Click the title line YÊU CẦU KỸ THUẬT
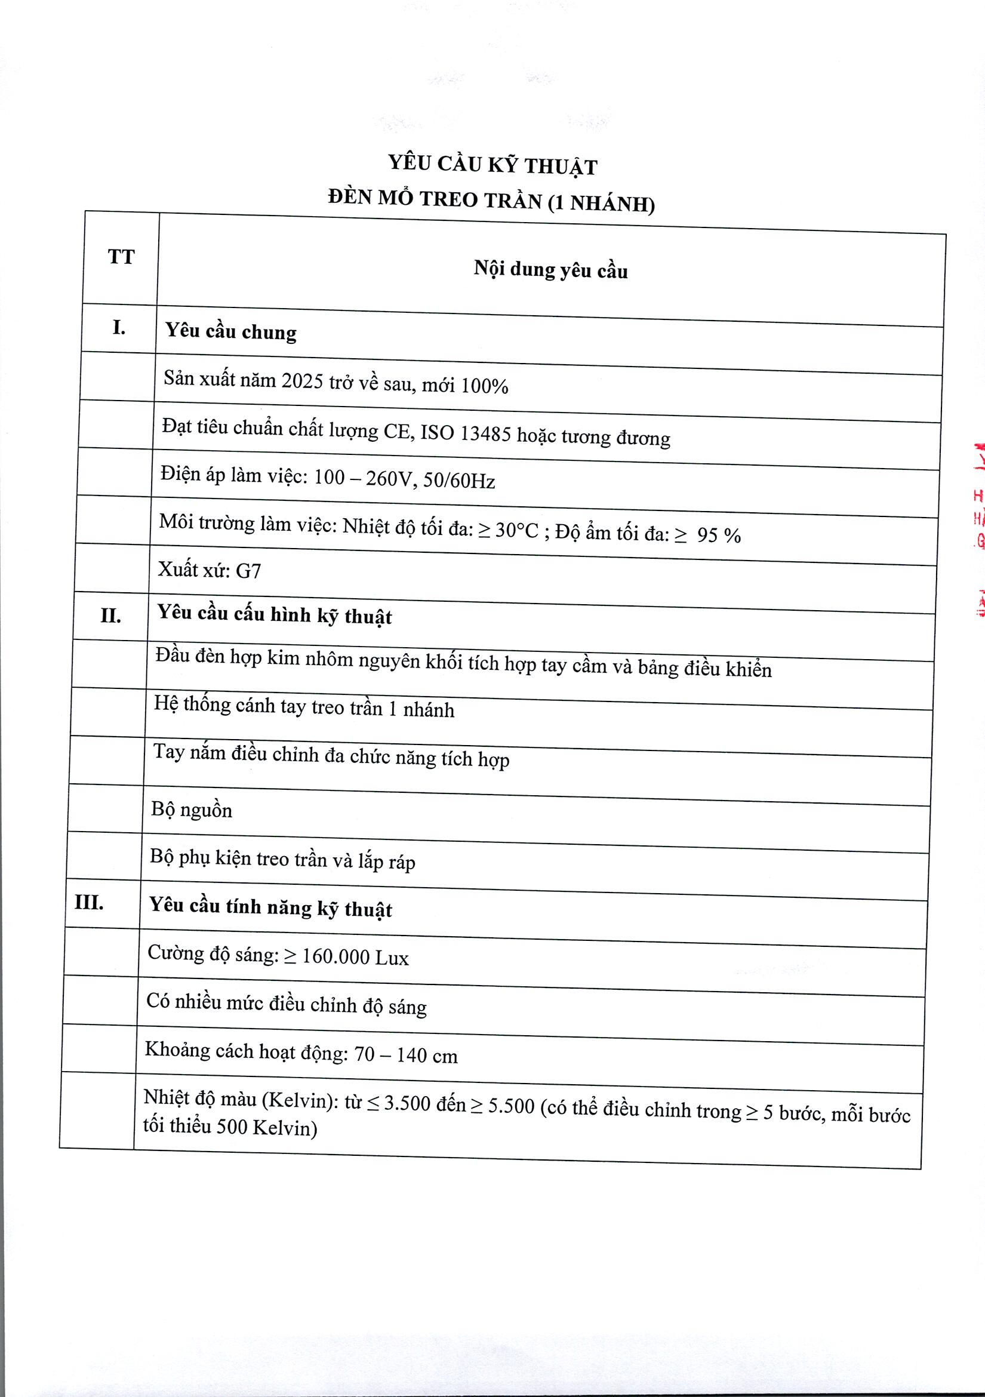tap(493, 165)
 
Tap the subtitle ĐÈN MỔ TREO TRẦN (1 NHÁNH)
tap(491, 201)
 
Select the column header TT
tap(121, 257)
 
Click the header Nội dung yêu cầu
tap(550, 269)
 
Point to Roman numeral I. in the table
tap(119, 328)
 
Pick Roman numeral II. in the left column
tap(110, 616)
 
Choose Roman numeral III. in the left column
tap(90, 902)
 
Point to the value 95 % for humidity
tap(719, 536)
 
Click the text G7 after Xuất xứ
tap(248, 571)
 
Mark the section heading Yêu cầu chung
tap(231, 331)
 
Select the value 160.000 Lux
tap(355, 958)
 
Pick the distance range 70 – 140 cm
tap(405, 1054)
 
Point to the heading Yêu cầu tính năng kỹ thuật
tap(271, 907)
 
